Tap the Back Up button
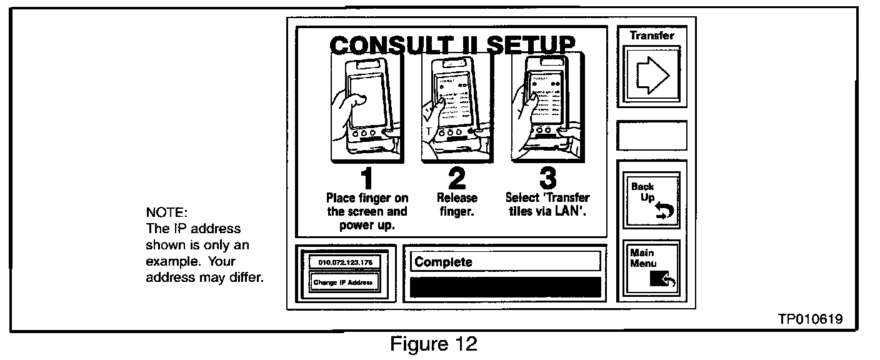coord(651,199)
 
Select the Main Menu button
coord(651,268)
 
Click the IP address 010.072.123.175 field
coord(341,262)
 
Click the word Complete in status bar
coord(444,262)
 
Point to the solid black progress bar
coord(505,287)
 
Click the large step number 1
coord(366,180)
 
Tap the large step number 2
coord(457,180)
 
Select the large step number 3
coord(547,180)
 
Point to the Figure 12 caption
coord(434,343)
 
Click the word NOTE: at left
coord(162,212)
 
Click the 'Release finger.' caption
coord(457,204)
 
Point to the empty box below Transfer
coord(652,136)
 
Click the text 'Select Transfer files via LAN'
coord(547,204)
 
